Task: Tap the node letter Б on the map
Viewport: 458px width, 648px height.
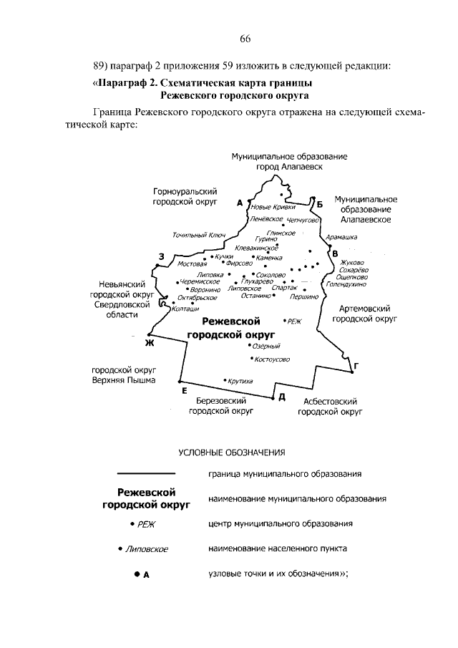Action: point(320,205)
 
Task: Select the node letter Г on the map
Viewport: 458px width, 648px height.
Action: point(356,366)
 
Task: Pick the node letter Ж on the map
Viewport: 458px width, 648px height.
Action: point(150,343)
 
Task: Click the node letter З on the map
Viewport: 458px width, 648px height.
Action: point(162,256)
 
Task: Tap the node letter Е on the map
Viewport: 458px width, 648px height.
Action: point(184,390)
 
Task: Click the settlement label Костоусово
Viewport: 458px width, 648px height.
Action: point(272,359)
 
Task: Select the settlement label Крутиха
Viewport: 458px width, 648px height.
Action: point(240,381)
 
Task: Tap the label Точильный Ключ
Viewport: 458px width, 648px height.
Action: point(199,234)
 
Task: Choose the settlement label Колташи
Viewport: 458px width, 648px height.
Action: point(185,308)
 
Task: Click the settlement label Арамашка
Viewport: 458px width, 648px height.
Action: point(341,236)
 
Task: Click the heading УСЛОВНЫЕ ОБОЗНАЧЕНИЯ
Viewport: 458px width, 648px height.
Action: point(231,452)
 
